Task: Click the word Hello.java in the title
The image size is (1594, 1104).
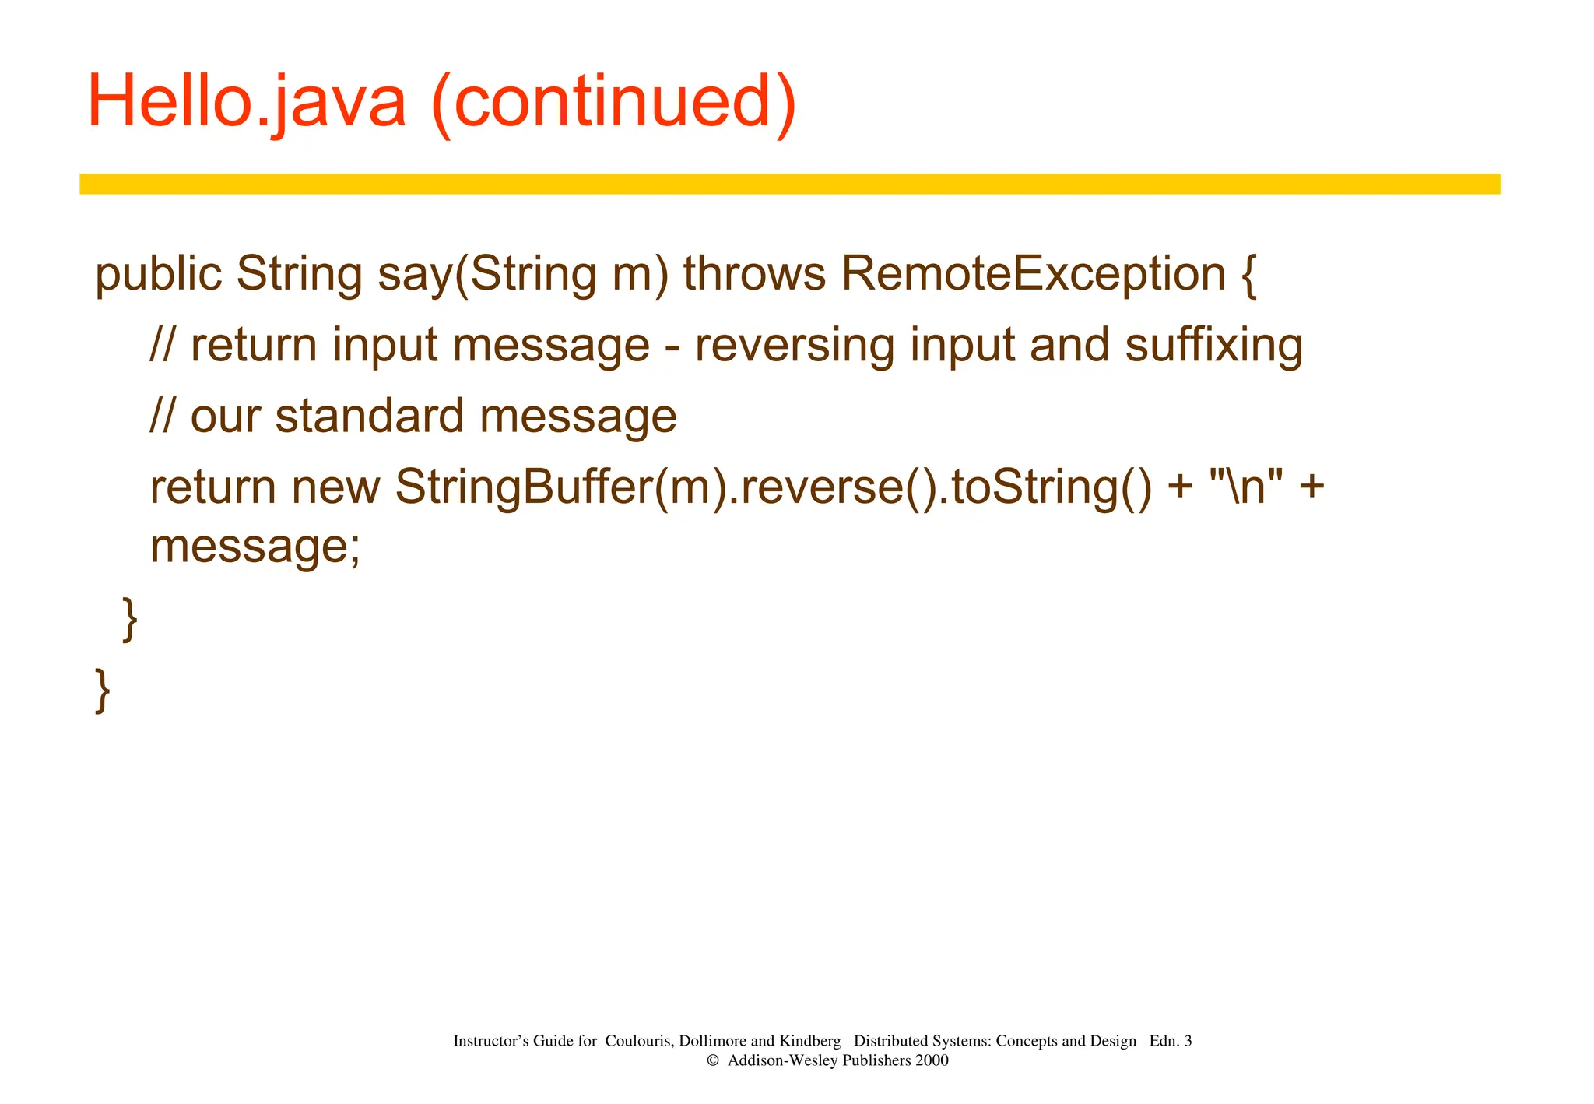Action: coord(247,103)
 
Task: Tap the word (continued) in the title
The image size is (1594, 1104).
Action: coord(613,103)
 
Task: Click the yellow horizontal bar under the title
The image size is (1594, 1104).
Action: coord(789,184)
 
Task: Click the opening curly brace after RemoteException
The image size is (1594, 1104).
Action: coord(1248,276)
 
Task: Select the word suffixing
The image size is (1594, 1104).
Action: coord(1213,346)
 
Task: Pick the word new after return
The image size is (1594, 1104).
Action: coord(335,488)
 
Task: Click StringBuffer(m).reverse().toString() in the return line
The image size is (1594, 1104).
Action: coord(773,488)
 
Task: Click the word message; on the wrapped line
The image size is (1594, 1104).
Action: coord(255,547)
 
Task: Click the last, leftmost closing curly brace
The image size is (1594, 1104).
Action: coord(102,690)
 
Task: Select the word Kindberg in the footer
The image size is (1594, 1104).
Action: coord(809,1041)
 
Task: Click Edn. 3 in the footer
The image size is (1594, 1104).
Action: coord(1170,1041)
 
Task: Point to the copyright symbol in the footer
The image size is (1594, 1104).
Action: coord(711,1060)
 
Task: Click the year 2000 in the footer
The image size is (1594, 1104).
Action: coord(932,1060)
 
